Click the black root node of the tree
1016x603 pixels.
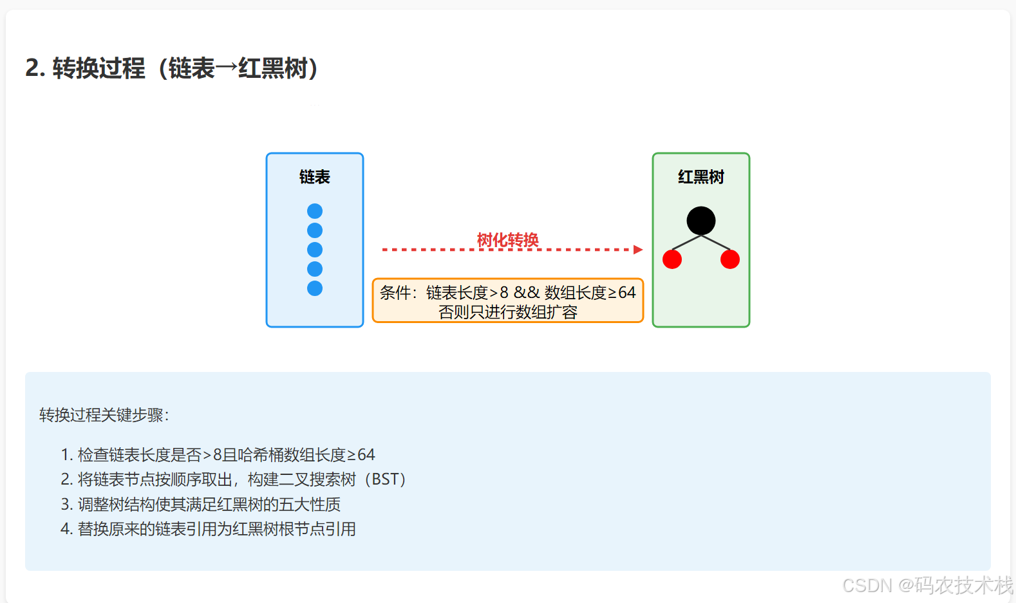tap(701, 221)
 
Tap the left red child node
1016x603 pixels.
tap(672, 259)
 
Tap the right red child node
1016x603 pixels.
tap(730, 259)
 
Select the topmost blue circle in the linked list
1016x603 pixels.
tap(315, 211)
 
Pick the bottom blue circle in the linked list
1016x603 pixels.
tap(315, 288)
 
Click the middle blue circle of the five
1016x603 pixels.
tap(315, 250)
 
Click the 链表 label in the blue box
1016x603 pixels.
tap(315, 177)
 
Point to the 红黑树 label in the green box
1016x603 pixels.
tap(701, 177)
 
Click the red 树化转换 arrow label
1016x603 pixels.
tap(507, 239)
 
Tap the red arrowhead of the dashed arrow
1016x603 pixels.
tap(638, 250)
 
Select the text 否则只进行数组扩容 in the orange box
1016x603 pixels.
tap(507, 312)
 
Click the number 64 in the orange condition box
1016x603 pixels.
tap(626, 293)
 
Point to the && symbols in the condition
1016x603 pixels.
tap(526, 293)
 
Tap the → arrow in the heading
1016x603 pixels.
tap(227, 68)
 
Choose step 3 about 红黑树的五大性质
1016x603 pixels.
tap(201, 505)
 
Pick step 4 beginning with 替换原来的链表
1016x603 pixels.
tap(208, 529)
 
